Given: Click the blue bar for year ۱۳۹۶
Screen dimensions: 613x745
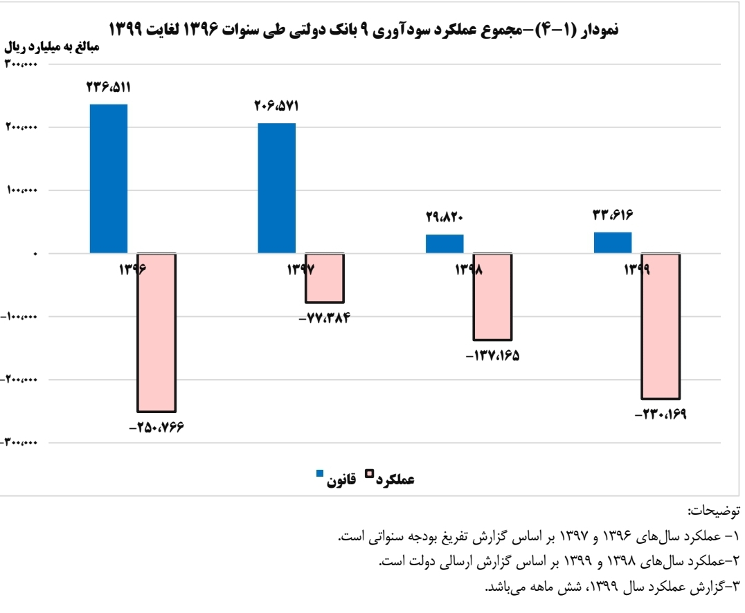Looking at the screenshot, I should pyautogui.click(x=109, y=179).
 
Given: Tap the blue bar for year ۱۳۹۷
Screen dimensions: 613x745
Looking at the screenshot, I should pyautogui.click(x=277, y=188).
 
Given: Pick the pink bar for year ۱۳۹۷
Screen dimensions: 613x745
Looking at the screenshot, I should pyautogui.click(x=325, y=278).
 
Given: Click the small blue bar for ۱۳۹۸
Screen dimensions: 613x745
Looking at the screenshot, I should pyautogui.click(x=445, y=244).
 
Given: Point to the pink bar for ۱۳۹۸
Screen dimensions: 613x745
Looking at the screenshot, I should pyautogui.click(x=492, y=297).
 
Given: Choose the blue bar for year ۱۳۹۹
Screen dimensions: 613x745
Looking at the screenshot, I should pyautogui.click(x=613, y=243).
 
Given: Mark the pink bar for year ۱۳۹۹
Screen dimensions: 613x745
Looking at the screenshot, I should pyautogui.click(x=661, y=327).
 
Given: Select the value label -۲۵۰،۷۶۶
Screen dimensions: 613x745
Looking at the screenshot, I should pyautogui.click(x=157, y=428).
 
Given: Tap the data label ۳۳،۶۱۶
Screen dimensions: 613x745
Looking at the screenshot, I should pyautogui.click(x=613, y=214).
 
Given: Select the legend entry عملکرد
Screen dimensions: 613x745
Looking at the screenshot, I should pyautogui.click(x=395, y=478).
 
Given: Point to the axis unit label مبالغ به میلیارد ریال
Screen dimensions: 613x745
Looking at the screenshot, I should pyautogui.click(x=53, y=47).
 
